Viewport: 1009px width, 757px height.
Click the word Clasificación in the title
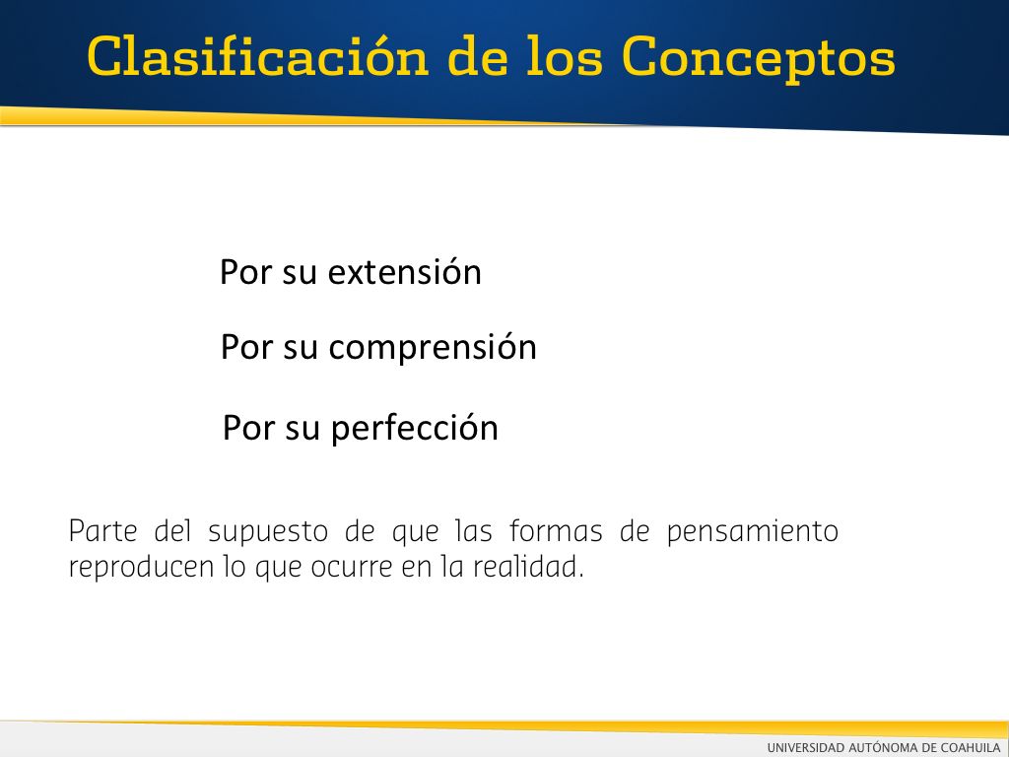click(258, 56)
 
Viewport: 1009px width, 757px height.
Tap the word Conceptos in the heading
click(759, 59)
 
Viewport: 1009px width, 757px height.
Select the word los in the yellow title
click(565, 56)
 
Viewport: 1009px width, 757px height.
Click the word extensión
click(405, 272)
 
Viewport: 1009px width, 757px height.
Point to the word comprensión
click(433, 348)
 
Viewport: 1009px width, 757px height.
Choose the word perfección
click(415, 428)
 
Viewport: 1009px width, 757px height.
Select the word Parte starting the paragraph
click(102, 531)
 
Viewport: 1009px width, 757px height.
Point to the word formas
click(556, 531)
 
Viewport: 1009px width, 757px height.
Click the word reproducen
click(141, 568)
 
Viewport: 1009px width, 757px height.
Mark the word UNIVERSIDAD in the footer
click(805, 747)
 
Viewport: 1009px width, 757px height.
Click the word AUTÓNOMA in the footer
click(882, 747)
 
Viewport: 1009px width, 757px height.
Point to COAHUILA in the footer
click(971, 747)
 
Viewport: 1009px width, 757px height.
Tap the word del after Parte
click(173, 531)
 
